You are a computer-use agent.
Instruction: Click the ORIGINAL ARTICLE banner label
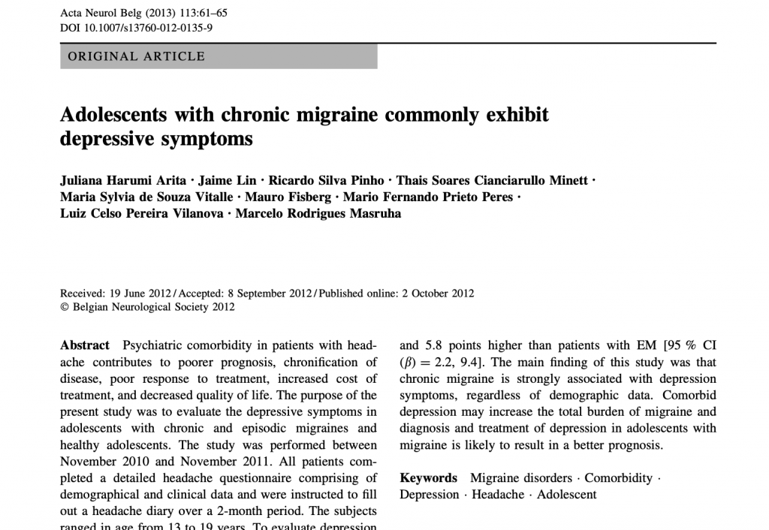pyautogui.click(x=136, y=56)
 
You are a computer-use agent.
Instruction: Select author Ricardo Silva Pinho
pyautogui.click(x=325, y=181)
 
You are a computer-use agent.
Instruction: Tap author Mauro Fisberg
pyautogui.click(x=288, y=197)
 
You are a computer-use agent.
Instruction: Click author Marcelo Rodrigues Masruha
pyautogui.click(x=318, y=213)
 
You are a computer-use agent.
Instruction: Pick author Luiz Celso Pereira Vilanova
pyautogui.click(x=142, y=213)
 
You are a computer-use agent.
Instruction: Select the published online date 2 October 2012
pyautogui.click(x=438, y=294)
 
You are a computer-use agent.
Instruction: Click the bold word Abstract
pyautogui.click(x=84, y=345)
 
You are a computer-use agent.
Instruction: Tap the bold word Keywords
pyautogui.click(x=428, y=478)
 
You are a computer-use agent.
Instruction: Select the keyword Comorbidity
pyautogui.click(x=619, y=478)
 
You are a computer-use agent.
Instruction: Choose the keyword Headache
pyautogui.click(x=498, y=495)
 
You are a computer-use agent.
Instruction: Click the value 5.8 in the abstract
pyautogui.click(x=434, y=346)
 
